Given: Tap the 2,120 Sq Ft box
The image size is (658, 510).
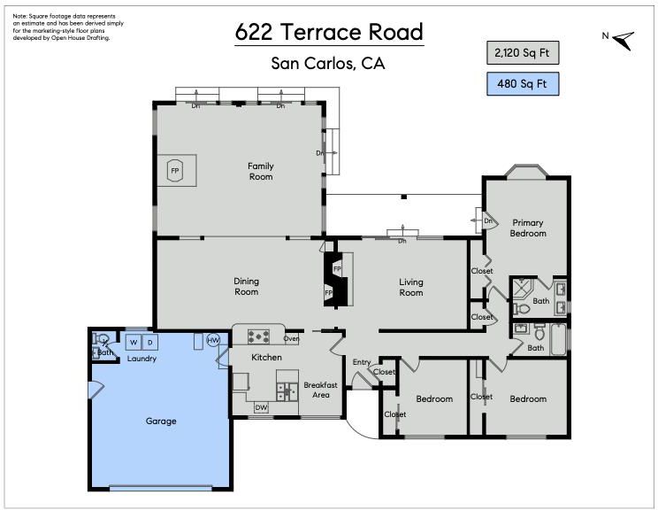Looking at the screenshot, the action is point(523,52).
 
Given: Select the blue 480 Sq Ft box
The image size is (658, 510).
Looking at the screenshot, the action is point(523,83).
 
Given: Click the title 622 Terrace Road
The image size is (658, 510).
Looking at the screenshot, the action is point(329,32).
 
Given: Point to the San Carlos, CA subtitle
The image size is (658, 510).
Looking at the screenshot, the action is point(328,64).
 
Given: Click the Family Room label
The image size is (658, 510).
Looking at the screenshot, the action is point(261,172).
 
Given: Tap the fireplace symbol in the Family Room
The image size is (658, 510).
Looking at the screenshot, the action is point(174,171).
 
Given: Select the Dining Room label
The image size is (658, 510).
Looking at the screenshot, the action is point(247,287).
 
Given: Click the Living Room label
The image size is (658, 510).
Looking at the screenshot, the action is point(411,288).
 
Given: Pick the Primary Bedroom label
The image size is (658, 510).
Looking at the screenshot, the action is point(528,228).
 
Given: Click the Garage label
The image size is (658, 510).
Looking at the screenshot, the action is point(161,421).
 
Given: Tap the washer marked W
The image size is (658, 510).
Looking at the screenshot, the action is point(134,343).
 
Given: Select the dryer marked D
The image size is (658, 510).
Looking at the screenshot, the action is point(149,343).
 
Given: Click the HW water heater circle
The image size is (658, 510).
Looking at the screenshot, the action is point(213,340).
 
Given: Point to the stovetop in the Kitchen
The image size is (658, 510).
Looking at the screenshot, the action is point(258,336).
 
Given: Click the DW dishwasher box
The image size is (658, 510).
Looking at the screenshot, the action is point(261,407).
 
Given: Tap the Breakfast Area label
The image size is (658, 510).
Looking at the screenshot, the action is point(321,390).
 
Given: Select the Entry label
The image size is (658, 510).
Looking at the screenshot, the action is point(362,362).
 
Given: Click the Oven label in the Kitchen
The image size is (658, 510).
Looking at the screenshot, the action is point(291,338).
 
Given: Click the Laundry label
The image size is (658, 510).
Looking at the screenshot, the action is point(142,359).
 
